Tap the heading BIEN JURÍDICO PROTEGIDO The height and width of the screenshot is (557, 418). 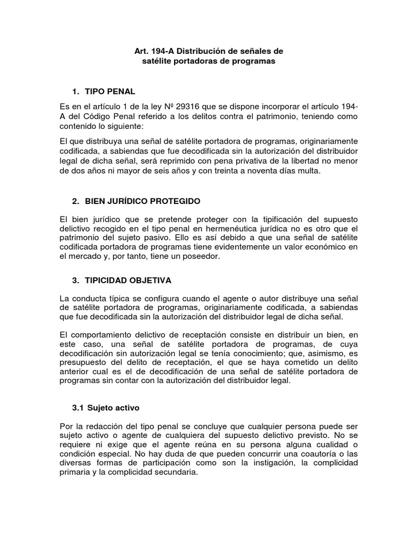pos(143,201)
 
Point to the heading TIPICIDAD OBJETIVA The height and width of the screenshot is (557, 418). pos(128,280)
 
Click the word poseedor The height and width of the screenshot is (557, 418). pos(201,257)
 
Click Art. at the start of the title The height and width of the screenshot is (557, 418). pos(141,51)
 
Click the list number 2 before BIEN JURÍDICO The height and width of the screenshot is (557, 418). pos(75,201)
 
